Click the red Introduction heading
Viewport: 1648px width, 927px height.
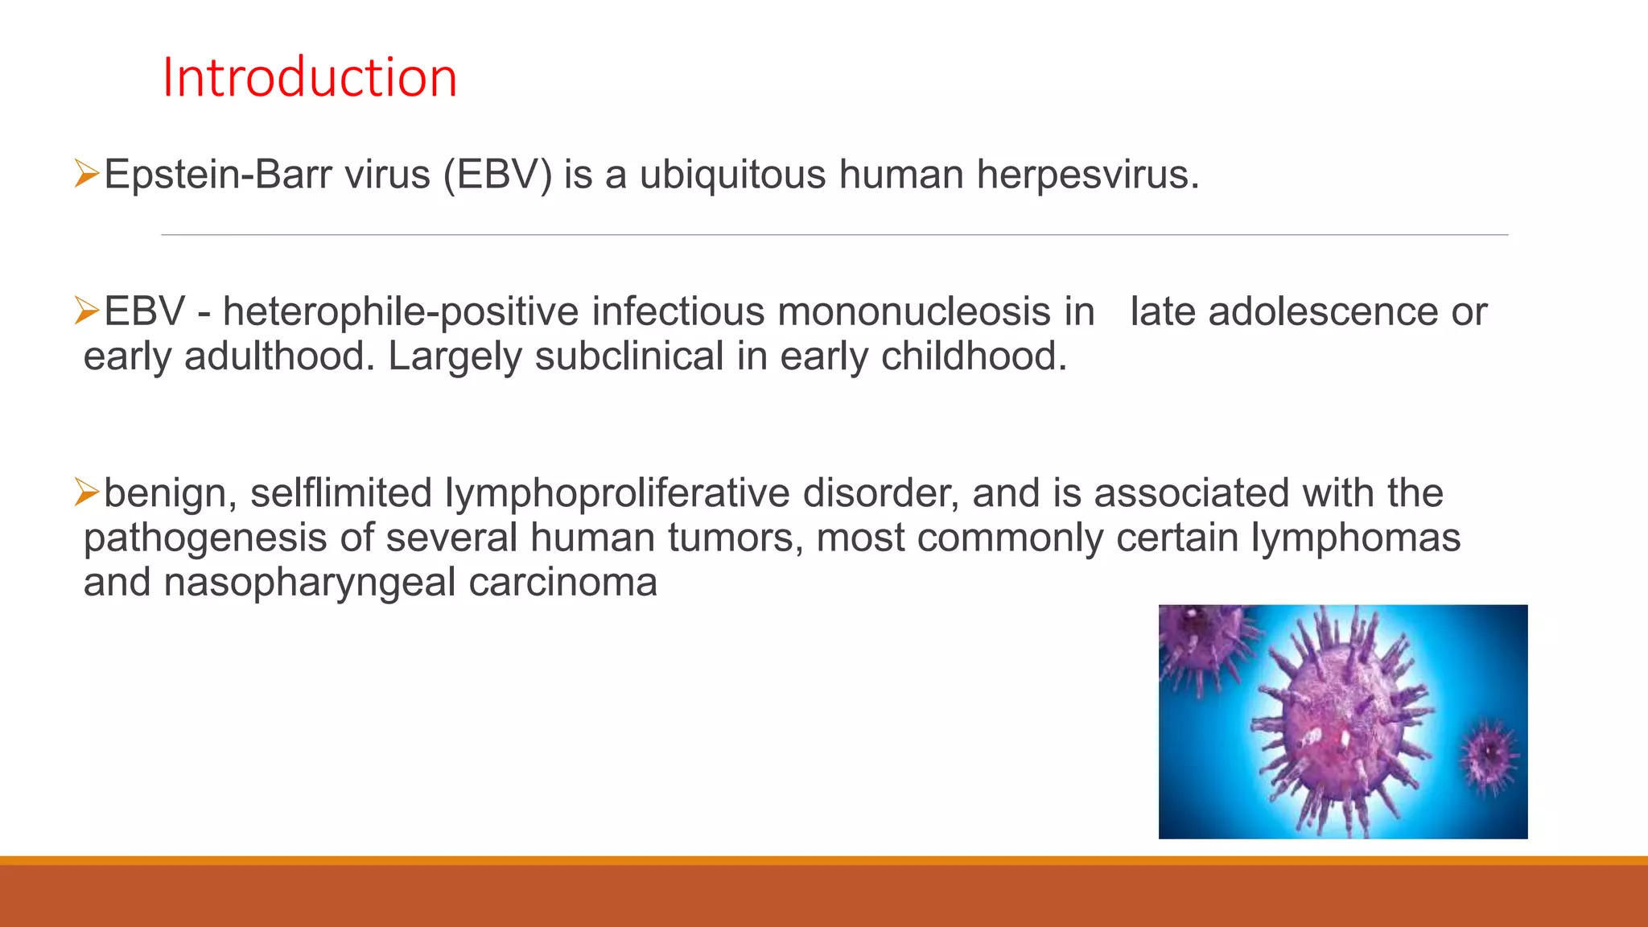[x=310, y=78]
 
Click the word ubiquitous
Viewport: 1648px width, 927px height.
[x=732, y=175]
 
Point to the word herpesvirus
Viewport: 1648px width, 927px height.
[x=1086, y=175]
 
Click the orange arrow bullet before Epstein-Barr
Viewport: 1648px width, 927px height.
[x=86, y=173]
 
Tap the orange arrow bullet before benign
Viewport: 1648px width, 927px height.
[x=86, y=492]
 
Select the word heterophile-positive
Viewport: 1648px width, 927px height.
[x=400, y=312]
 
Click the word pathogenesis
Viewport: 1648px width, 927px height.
[x=204, y=538]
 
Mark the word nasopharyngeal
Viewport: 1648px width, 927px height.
[x=309, y=583]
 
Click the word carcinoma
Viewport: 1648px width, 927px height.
[x=562, y=583]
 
